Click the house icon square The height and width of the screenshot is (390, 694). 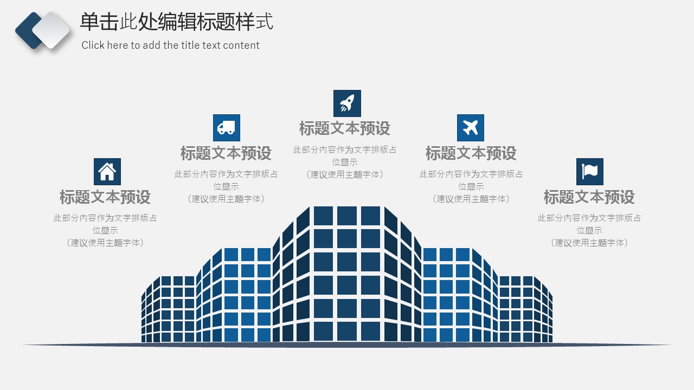[107, 172]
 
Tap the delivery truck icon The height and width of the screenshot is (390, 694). [227, 128]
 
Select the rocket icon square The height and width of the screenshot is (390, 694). [347, 103]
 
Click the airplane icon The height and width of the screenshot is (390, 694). [470, 128]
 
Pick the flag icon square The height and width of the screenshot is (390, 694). [589, 172]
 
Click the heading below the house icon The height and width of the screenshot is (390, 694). [105, 197]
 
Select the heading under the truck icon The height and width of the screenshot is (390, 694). [226, 153]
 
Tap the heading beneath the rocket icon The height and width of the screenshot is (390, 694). [344, 128]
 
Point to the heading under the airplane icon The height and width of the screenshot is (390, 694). [471, 153]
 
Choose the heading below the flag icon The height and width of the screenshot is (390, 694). [589, 197]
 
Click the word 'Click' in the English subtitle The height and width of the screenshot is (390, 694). [93, 45]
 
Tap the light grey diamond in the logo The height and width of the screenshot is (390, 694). [51, 30]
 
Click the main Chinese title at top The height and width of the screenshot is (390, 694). [177, 22]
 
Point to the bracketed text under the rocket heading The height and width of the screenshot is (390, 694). [344, 174]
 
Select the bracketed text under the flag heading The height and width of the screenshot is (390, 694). [589, 243]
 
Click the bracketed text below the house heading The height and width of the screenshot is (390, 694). [105, 243]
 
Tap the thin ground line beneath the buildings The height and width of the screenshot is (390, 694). [347, 345]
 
